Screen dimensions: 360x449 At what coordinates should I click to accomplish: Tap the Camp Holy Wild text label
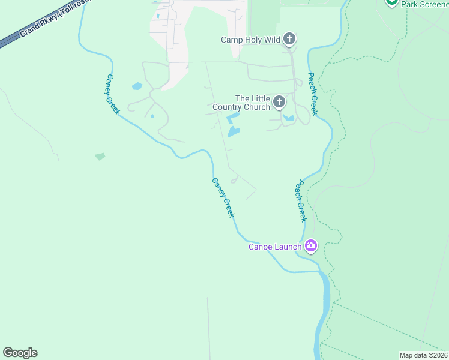click(251, 40)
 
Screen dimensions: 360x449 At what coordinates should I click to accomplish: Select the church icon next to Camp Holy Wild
click(289, 40)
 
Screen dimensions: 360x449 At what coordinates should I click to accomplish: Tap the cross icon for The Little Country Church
click(279, 102)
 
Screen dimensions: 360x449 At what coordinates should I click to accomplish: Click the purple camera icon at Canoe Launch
click(311, 245)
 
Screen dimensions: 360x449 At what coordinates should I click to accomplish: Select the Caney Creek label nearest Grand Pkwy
click(113, 95)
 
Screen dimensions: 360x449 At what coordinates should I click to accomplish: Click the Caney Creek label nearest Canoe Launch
click(223, 197)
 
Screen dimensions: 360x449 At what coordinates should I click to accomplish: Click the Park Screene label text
click(424, 4)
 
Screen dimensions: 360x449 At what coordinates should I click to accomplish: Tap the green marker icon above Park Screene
click(392, 2)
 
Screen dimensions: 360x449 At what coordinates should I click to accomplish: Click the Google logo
click(20, 353)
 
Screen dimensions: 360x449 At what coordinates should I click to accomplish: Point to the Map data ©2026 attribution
click(423, 355)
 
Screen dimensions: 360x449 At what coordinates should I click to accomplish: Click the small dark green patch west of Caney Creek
click(100, 157)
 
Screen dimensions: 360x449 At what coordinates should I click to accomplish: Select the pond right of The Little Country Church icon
click(289, 118)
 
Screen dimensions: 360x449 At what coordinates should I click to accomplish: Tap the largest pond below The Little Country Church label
click(234, 130)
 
